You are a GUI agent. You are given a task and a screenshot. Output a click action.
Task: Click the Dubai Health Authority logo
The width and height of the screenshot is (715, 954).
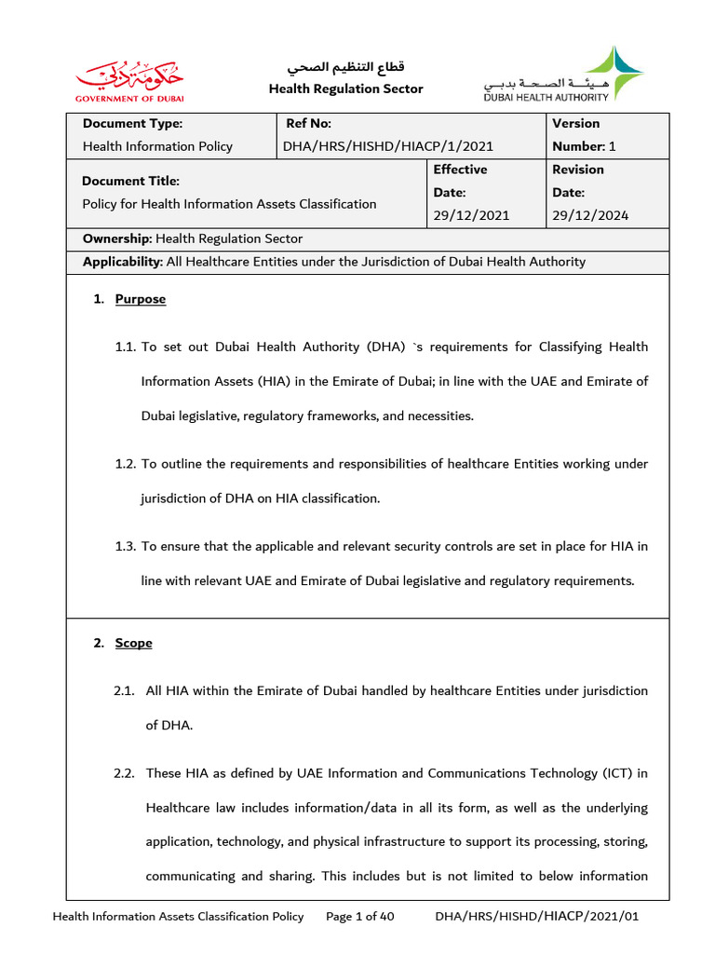[x=562, y=74]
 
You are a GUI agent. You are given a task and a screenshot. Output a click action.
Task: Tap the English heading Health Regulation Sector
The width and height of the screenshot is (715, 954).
[x=345, y=89]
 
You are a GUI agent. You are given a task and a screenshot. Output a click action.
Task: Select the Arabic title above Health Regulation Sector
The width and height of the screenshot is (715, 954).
[x=345, y=68]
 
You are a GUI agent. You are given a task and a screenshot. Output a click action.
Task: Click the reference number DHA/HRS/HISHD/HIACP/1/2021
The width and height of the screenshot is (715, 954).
[x=388, y=146]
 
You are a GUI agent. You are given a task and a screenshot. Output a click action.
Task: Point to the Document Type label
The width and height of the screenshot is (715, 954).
[x=132, y=124]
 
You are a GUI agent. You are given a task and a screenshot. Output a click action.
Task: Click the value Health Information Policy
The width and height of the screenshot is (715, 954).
[x=157, y=146]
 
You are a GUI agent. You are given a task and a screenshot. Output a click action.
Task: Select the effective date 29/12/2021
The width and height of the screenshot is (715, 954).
[x=471, y=215]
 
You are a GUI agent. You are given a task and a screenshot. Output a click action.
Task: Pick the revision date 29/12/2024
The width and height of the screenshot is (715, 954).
[x=590, y=215]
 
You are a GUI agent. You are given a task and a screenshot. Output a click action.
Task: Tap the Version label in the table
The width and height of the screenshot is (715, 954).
[x=576, y=124]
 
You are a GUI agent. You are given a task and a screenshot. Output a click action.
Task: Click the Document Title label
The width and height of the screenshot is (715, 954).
[x=130, y=181]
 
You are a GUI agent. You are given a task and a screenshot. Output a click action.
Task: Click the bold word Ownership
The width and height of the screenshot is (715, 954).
[x=116, y=238]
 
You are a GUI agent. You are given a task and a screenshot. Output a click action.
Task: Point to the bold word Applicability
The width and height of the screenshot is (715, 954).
[x=122, y=262]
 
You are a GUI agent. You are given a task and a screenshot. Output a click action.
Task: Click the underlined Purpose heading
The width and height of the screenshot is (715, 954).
[x=141, y=299]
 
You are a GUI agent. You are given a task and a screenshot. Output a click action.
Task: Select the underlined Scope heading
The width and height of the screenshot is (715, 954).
[x=134, y=643]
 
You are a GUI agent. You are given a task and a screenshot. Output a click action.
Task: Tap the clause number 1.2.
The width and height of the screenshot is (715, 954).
[x=126, y=464]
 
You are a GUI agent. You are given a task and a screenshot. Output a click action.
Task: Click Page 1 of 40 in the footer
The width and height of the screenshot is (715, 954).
[x=360, y=917]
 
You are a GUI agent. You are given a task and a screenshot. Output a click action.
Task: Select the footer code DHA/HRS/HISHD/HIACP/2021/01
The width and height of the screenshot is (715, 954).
[x=537, y=917]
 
